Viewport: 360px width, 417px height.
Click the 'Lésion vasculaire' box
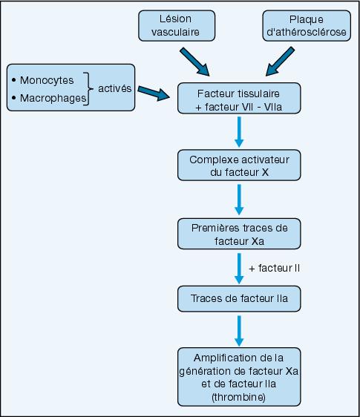[177, 26]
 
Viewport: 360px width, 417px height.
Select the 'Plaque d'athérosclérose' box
[307, 26]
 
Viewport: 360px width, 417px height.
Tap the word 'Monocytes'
[47, 80]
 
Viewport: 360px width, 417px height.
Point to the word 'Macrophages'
[53, 98]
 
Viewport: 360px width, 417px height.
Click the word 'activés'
[114, 88]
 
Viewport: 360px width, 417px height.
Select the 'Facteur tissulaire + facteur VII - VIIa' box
[239, 99]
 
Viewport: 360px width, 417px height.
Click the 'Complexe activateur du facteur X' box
[239, 165]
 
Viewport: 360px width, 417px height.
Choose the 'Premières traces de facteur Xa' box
[239, 234]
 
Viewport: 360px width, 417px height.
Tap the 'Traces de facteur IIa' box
[239, 299]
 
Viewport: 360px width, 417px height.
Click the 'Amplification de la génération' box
[239, 377]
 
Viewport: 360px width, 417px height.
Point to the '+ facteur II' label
[275, 268]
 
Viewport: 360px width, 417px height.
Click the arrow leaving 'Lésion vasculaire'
[194, 62]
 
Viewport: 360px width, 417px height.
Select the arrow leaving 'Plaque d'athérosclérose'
[280, 62]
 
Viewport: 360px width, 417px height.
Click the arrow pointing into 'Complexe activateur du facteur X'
[239, 132]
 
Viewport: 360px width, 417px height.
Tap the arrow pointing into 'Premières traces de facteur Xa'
[239, 200]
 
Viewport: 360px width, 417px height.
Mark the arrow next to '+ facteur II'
[239, 269]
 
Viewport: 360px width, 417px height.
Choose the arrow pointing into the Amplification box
[239, 331]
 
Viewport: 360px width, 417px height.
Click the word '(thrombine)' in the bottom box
[239, 397]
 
